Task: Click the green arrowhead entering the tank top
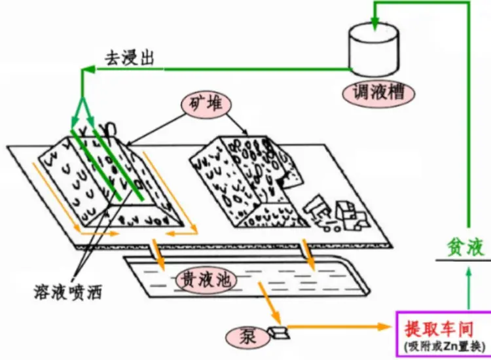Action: click(374, 25)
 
